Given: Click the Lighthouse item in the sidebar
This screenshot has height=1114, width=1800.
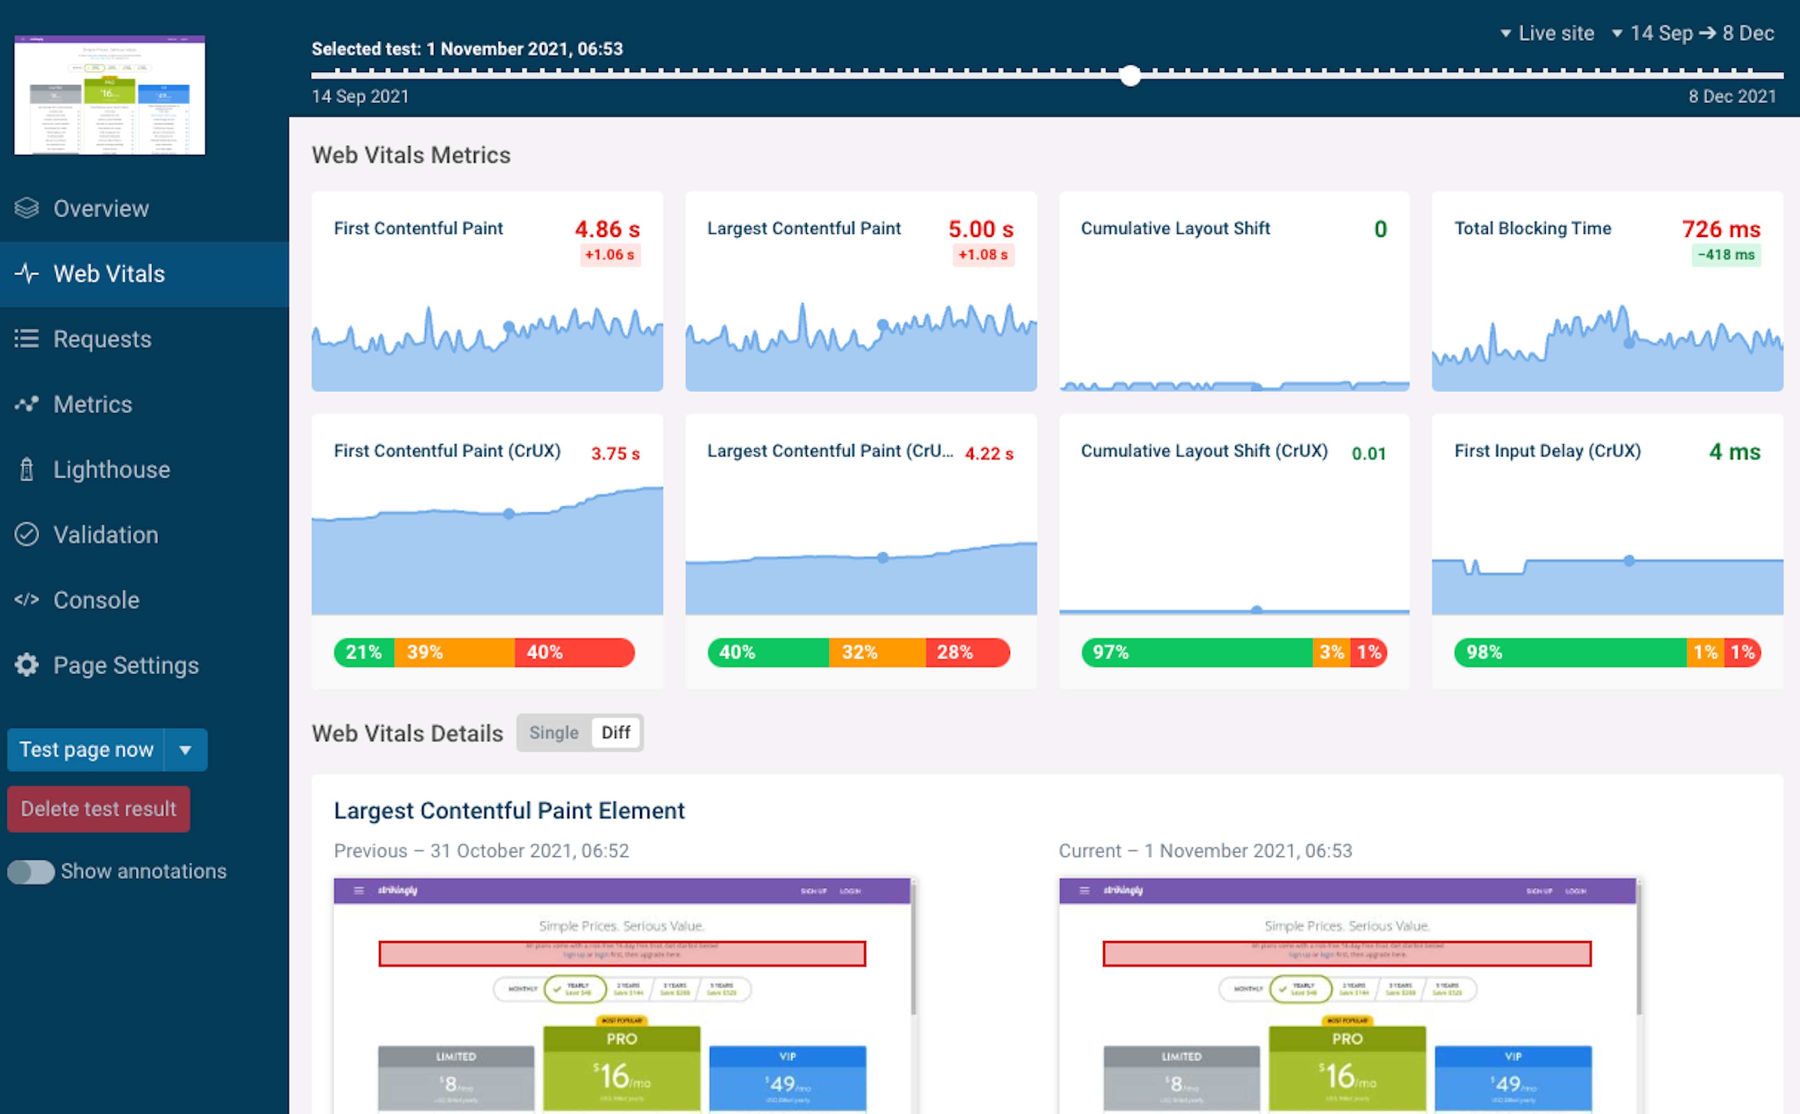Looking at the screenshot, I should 111,469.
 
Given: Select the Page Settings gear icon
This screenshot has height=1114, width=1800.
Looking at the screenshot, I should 27,665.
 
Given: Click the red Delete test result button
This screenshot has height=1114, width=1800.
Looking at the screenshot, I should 98,808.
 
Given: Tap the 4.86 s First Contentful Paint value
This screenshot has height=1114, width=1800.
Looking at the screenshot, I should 607,229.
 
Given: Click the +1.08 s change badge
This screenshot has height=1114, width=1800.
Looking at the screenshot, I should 983,255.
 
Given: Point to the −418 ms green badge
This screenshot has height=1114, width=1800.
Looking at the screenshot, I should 1725,255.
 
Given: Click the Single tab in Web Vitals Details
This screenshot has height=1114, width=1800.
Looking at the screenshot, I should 553,732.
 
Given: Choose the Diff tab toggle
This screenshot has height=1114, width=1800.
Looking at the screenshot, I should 616,732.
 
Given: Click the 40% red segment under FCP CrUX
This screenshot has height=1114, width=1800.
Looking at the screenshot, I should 573,652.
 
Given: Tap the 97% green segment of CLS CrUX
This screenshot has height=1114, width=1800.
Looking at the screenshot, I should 1195,652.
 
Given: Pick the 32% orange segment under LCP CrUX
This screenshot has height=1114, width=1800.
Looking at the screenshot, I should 876,652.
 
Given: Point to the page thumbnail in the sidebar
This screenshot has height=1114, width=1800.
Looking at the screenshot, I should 110,95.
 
